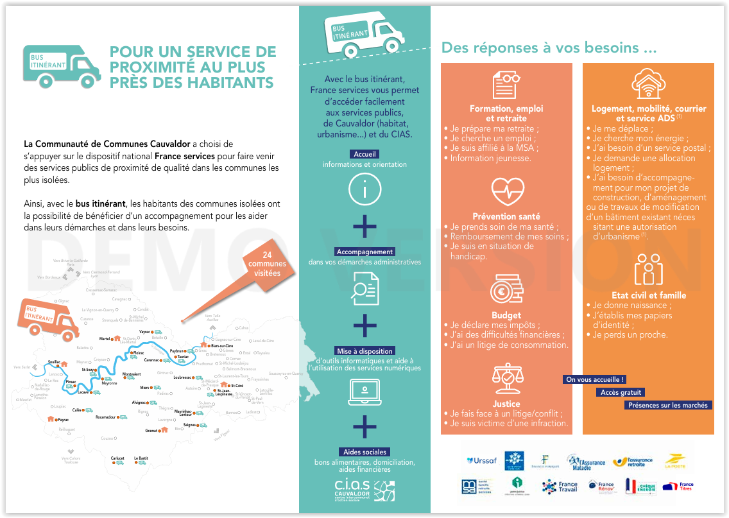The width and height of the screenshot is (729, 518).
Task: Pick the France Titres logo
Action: click(x=679, y=487)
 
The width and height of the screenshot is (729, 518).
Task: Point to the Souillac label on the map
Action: click(x=54, y=362)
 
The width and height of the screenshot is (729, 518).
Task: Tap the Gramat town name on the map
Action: click(x=151, y=431)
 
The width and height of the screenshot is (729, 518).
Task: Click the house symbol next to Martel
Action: click(x=117, y=338)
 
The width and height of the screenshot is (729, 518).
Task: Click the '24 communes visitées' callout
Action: click(x=268, y=265)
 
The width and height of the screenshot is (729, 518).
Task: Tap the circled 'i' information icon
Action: click(x=364, y=190)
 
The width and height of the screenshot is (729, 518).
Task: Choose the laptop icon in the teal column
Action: click(x=364, y=391)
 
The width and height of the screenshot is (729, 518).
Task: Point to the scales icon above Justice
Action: click(x=507, y=377)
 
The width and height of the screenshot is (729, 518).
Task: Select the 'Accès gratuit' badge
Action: click(x=621, y=392)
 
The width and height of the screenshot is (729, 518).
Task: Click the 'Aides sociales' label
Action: click(x=364, y=452)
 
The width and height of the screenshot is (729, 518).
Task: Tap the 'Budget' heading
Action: click(x=506, y=315)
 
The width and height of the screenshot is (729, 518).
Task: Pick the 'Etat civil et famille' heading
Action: click(x=649, y=295)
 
